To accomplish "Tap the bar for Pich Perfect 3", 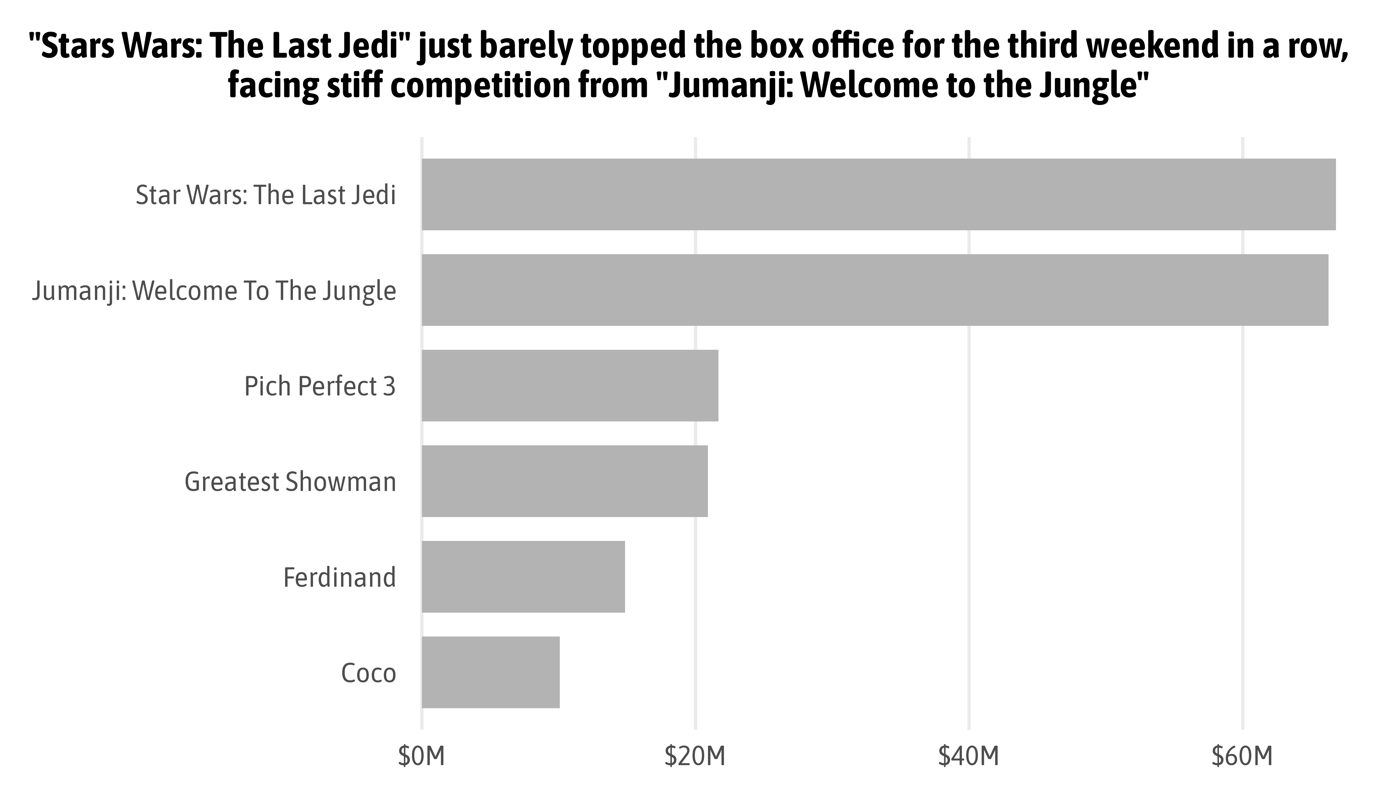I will click(x=570, y=386).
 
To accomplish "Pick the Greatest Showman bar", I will click(x=565, y=481).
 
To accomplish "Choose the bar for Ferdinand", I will click(x=523, y=577).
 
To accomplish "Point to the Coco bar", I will click(x=491, y=673).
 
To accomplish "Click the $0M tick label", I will click(x=421, y=757).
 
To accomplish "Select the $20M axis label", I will click(x=695, y=757).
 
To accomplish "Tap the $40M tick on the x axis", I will click(x=969, y=757).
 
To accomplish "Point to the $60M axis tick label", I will click(x=1242, y=757).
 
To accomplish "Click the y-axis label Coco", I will click(x=368, y=673).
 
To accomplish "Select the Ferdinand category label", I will click(x=339, y=577).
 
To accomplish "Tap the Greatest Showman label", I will click(x=290, y=482).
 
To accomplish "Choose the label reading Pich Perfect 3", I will click(x=320, y=386).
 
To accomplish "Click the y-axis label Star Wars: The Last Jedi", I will click(x=266, y=195).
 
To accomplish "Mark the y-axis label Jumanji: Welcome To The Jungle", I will click(x=214, y=291).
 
